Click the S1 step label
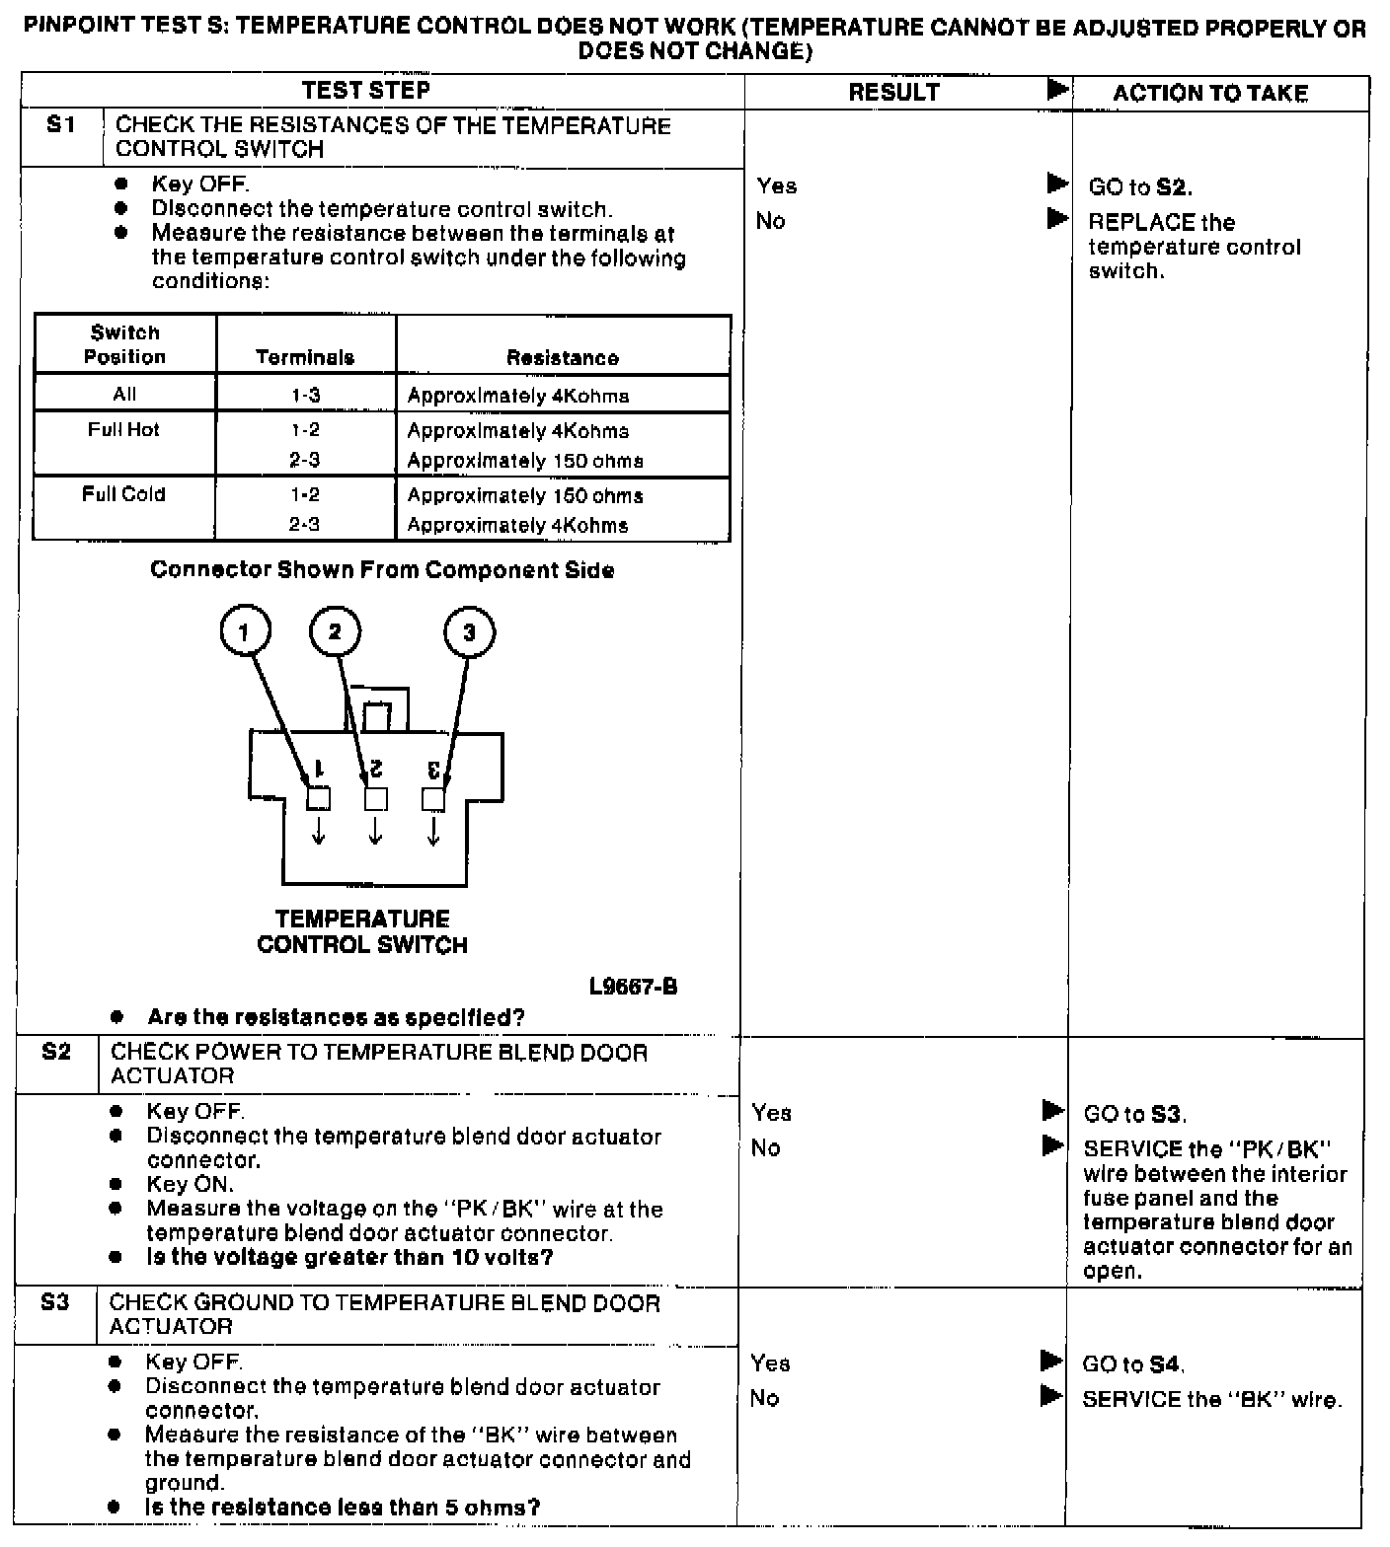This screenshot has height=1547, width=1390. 61,125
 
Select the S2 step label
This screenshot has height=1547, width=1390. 56,1052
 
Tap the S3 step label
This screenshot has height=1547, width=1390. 55,1302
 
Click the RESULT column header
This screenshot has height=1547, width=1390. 893,92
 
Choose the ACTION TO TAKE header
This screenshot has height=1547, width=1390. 1210,93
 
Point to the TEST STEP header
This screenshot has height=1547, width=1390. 365,91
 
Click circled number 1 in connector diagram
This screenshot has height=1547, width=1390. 245,631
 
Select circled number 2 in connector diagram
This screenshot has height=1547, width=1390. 335,631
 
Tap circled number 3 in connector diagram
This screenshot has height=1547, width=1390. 469,631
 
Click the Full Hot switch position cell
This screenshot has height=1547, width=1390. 123,430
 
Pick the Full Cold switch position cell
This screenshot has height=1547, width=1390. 123,494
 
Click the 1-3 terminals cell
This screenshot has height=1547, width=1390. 305,396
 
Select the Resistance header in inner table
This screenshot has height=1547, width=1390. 563,357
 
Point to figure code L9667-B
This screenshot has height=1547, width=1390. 633,986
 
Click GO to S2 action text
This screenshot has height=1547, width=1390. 1139,186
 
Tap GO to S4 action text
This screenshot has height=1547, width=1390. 1133,1364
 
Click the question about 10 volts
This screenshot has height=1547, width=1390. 349,1257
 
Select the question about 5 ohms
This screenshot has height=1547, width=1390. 343,1507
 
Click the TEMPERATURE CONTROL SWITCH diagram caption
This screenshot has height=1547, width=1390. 362,931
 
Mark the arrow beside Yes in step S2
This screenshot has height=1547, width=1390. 1052,1111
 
